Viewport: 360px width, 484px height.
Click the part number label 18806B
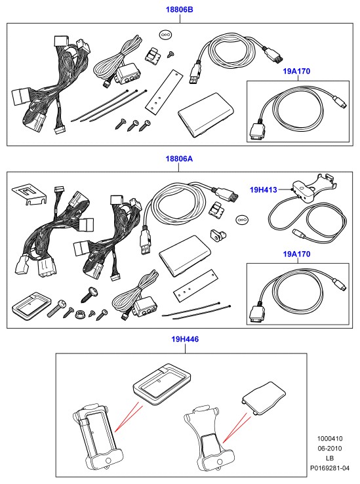click(x=180, y=10)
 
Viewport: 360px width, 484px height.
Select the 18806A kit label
click(x=179, y=159)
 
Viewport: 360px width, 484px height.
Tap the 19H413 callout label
click(x=264, y=190)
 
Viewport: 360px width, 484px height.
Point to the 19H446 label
click(x=185, y=339)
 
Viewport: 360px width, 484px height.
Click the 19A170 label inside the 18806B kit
click(x=296, y=71)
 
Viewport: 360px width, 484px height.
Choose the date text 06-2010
click(x=330, y=448)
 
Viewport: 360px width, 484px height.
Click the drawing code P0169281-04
click(x=330, y=468)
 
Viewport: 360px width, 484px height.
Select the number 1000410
click(x=330, y=438)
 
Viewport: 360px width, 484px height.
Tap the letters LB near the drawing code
click(x=330, y=458)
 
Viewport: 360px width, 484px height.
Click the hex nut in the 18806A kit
click(x=79, y=315)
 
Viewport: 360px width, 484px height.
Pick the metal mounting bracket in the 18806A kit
click(x=30, y=195)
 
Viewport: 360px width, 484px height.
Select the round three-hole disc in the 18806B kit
click(x=165, y=35)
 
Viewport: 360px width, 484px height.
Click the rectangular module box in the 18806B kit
click(x=205, y=115)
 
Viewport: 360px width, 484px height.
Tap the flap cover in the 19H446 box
click(x=264, y=398)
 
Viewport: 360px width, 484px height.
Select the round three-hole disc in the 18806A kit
click(x=242, y=220)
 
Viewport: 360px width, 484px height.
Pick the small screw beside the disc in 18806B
click(x=170, y=54)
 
